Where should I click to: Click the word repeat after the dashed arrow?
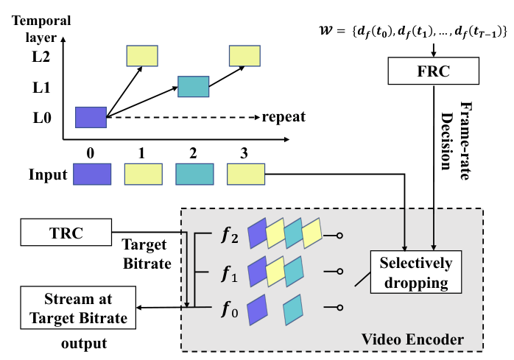[x=284, y=116]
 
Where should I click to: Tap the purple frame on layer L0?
[x=92, y=116]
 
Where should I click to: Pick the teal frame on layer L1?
[x=194, y=86]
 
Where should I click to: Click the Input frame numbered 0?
[x=92, y=174]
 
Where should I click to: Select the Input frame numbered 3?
[x=245, y=174]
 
